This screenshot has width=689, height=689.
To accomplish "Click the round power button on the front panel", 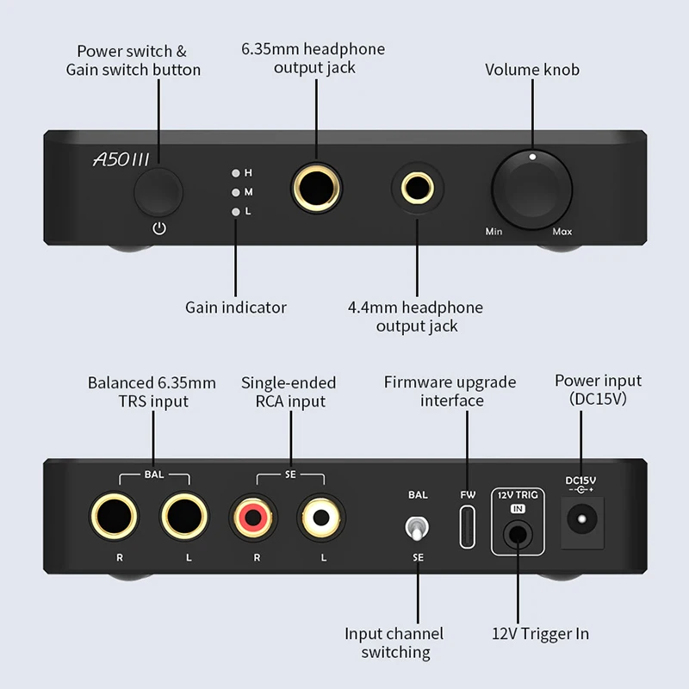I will [158, 192].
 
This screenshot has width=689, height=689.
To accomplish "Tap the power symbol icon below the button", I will [158, 229].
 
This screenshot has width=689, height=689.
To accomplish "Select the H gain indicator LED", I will [234, 173].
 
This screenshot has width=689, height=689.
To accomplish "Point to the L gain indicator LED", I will [234, 211].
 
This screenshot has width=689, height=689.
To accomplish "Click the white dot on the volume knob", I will [532, 158].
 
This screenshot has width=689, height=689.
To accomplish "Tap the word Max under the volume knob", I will [562, 232].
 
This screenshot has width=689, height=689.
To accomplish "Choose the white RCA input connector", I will [322, 519].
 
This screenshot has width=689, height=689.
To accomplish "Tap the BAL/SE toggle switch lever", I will [418, 527].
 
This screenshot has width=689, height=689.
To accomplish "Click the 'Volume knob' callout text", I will [532, 70].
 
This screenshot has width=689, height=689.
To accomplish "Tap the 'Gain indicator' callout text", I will [236, 307].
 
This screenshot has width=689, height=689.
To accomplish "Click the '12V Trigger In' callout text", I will [540, 634].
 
